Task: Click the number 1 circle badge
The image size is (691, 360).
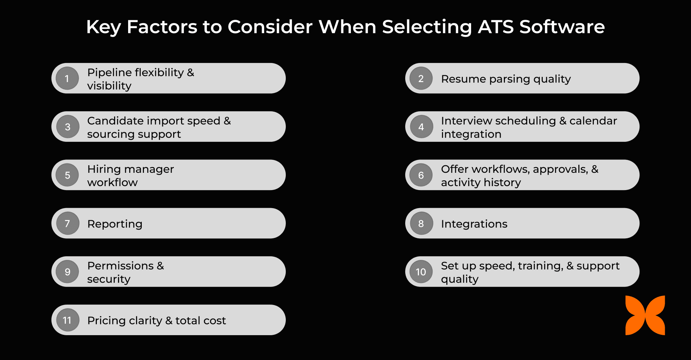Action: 67,78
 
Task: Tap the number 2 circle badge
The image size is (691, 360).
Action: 421,78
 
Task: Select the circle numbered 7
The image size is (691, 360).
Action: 67,224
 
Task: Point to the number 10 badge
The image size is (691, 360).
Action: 421,272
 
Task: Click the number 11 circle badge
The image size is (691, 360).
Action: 67,320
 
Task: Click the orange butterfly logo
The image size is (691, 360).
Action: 645,315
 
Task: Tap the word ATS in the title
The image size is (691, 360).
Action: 496,27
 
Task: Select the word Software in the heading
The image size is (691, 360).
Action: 562,27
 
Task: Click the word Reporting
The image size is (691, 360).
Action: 115,224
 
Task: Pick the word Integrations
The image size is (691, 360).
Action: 474,224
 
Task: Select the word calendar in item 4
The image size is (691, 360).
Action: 593,121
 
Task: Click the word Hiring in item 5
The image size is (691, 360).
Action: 104,170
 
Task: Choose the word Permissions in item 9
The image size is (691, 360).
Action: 120,266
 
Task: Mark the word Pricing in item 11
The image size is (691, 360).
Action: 106,321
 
